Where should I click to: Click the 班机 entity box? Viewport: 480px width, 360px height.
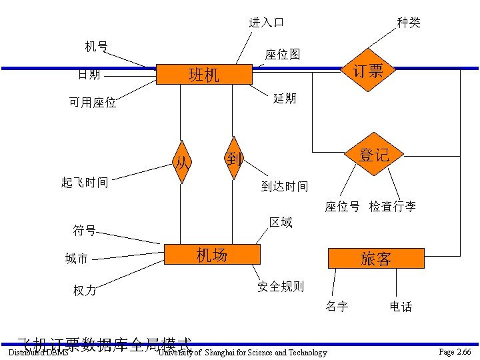[203, 75]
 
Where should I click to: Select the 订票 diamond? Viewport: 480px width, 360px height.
[367, 70]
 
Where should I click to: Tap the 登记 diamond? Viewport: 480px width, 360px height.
[373, 155]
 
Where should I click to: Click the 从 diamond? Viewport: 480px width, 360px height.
[181, 162]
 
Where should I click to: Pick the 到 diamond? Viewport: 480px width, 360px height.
[233, 159]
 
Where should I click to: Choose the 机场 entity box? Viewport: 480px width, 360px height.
[211, 255]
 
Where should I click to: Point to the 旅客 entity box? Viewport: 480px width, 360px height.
[375, 259]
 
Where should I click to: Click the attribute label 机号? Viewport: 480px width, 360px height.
[97, 46]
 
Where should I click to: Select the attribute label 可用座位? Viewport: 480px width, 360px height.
[93, 103]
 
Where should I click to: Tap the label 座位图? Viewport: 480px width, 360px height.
[283, 54]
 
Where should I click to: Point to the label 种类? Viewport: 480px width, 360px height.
[409, 23]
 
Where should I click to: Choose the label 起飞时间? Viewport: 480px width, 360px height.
[85, 182]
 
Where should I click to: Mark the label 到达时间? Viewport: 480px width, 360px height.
[285, 187]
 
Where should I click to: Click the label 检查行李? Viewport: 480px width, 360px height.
[393, 207]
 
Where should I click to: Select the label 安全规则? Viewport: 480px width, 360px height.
[281, 287]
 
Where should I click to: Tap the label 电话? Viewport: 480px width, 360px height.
[401, 307]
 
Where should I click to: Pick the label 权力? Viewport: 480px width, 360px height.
[85, 291]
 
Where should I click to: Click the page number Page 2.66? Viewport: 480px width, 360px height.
[455, 351]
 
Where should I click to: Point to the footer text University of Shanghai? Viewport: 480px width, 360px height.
[243, 353]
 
